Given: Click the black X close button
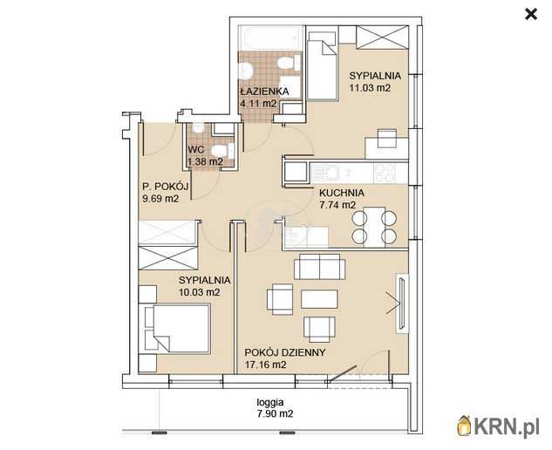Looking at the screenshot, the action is click(531, 15).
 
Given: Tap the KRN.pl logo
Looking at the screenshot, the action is click(498, 426).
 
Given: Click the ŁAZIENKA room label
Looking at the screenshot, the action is click(264, 92).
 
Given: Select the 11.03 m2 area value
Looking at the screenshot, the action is click(370, 88).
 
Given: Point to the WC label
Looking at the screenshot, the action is click(196, 149).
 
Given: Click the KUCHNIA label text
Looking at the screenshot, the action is click(342, 193).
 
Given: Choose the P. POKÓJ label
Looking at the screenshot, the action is click(165, 187).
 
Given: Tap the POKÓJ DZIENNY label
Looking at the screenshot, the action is click(285, 352).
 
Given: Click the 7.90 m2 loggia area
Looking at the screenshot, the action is click(275, 413).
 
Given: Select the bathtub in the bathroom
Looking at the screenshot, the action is click(270, 38).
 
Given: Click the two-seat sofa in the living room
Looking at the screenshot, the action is click(320, 266).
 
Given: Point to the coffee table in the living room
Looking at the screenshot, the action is click(319, 299).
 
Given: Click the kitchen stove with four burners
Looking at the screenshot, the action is click(385, 173).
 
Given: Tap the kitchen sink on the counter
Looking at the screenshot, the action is click(326, 173).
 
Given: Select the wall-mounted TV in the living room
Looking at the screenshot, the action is click(401, 303).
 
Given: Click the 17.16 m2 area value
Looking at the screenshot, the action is click(265, 365).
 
